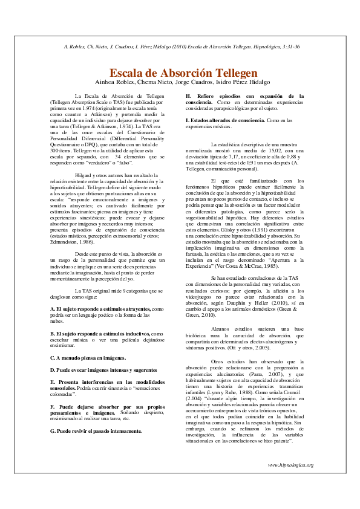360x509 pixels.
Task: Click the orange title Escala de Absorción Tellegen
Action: coord(179,73)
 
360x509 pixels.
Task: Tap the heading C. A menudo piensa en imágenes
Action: coord(88,357)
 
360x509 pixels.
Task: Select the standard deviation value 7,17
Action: coord(233,154)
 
